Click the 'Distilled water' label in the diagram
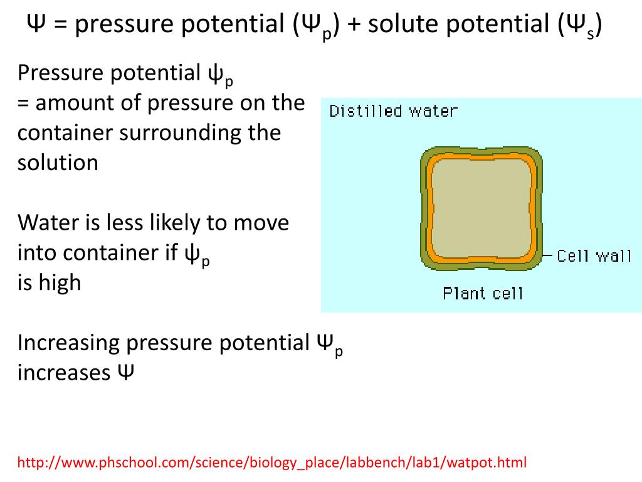(x=393, y=112)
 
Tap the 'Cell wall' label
(x=594, y=256)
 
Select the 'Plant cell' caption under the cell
(x=482, y=293)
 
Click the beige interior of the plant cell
(x=480, y=208)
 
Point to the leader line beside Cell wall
(x=547, y=256)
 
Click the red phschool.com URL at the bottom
(x=272, y=463)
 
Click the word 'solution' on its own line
(x=58, y=163)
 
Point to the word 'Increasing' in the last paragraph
(x=68, y=343)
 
